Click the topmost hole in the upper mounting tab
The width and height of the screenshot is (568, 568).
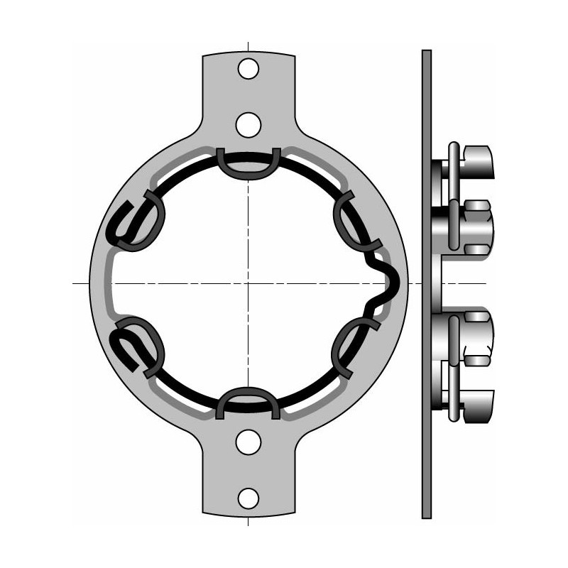click(x=248, y=69)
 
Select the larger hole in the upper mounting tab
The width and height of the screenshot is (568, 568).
click(x=248, y=125)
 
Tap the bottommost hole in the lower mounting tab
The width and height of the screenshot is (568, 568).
click(x=248, y=498)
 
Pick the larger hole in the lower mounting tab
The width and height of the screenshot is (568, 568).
click(x=248, y=442)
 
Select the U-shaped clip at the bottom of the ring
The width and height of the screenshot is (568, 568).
click(x=248, y=402)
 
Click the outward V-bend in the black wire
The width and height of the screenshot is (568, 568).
click(x=389, y=283)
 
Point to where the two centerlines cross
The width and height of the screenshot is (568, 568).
click(x=248, y=283)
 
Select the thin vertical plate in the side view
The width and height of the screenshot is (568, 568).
click(x=426, y=284)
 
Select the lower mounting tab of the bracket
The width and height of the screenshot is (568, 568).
click(x=248, y=472)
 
